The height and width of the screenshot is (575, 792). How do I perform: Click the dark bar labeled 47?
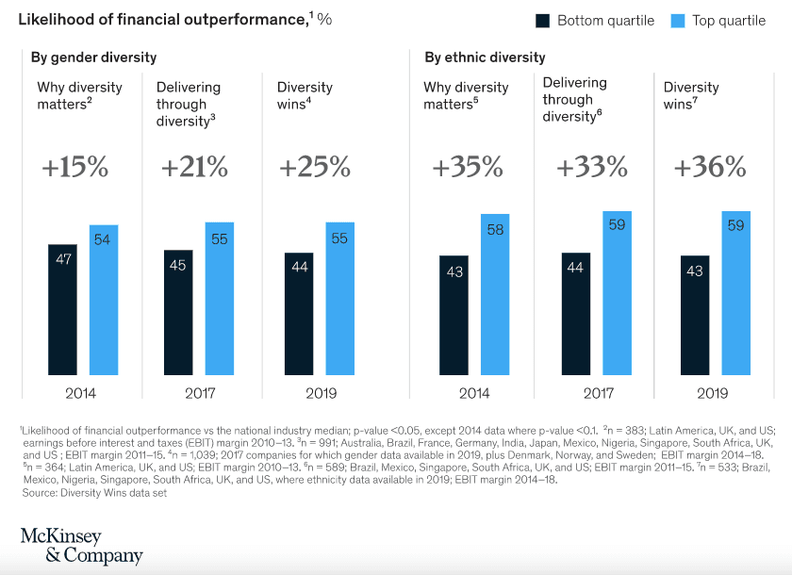click(x=63, y=309)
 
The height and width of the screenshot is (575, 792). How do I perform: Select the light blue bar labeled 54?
click(x=104, y=300)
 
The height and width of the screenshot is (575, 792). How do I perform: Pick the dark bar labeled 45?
click(x=178, y=312)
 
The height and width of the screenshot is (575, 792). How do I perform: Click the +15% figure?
click(x=74, y=168)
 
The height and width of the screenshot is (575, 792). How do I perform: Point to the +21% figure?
click(x=194, y=168)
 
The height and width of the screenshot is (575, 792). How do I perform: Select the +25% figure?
click(x=315, y=168)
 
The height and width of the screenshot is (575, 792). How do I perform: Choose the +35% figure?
click(x=468, y=168)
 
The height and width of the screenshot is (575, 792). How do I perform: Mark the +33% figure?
click(x=591, y=168)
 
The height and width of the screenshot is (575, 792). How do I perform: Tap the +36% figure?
click(x=710, y=168)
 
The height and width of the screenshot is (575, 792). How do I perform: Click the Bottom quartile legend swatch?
click(x=543, y=20)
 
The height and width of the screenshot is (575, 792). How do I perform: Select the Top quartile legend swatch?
click(x=676, y=20)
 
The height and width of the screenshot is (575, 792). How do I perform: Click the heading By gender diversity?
click(x=93, y=57)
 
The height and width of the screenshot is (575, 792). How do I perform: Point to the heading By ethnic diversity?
click(x=485, y=57)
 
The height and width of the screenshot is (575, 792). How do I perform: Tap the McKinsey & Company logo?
click(x=81, y=546)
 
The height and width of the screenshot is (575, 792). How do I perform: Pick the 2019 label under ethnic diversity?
click(x=710, y=393)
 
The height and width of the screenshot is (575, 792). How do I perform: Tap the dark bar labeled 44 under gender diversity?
click(x=299, y=314)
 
